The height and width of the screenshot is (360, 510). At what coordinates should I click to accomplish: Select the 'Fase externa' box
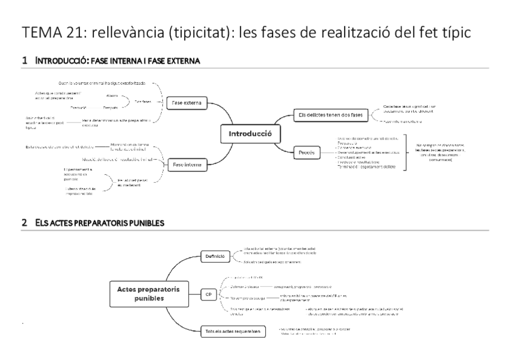[x=186, y=103]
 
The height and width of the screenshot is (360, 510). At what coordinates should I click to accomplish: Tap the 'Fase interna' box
[x=186, y=164]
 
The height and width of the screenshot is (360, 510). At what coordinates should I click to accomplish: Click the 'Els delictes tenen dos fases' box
[x=329, y=114]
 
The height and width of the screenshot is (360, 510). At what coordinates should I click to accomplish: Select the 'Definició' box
[x=215, y=256]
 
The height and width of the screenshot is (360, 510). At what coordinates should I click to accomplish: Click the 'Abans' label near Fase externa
[x=112, y=96]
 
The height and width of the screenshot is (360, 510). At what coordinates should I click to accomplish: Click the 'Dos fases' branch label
[x=143, y=102]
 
